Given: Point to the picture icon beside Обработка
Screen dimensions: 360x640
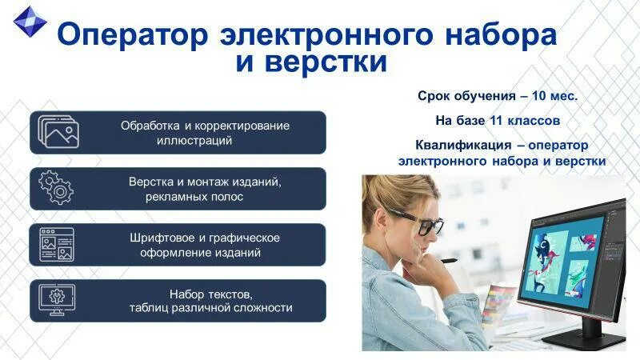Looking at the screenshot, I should point(58,132).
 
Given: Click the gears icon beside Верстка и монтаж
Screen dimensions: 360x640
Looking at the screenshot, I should point(56,188).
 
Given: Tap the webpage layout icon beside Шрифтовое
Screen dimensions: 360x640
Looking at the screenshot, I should point(57,244).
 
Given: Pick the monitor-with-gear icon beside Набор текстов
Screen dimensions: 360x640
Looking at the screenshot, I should point(57,299).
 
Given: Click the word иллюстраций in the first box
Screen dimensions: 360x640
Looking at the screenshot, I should point(194,140).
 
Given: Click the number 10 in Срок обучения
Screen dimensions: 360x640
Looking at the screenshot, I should point(541,96).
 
